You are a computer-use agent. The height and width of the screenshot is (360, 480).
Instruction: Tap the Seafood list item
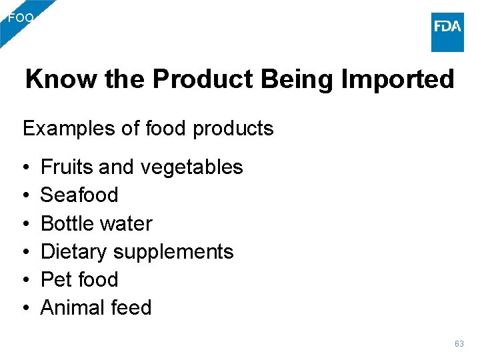click(79, 195)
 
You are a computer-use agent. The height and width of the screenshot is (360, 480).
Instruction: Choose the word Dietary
click(73, 251)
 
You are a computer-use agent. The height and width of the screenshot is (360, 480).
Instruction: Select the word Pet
click(54, 279)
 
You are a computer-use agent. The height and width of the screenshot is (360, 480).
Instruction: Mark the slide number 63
click(459, 344)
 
